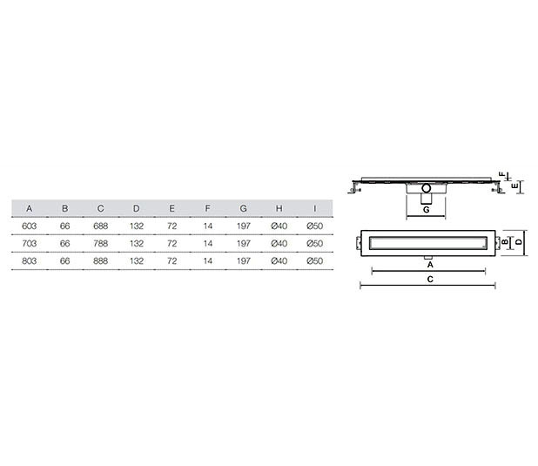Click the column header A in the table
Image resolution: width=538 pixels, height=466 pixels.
coord(30,208)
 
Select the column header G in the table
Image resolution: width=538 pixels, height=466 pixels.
coord(243,208)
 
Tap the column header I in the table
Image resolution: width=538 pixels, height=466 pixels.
coord(314,208)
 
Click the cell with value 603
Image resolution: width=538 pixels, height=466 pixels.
coord(30,226)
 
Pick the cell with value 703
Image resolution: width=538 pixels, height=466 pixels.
coord(30,244)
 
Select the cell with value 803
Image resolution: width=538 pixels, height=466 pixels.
coord(30,261)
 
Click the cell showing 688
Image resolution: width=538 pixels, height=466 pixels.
coord(100,226)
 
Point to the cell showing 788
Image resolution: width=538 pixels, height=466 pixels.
coord(100,244)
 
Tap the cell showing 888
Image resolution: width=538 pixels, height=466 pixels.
coord(100,261)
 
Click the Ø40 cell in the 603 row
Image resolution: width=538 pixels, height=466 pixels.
coord(279,226)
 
